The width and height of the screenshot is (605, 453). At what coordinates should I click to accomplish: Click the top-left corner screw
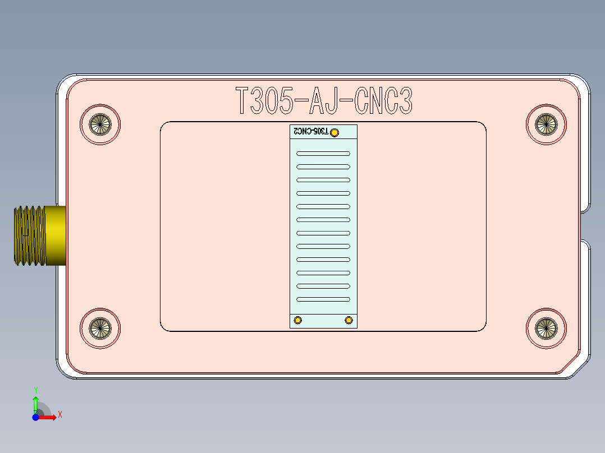pos(100,124)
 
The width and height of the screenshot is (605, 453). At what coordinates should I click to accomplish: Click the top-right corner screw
pos(546,124)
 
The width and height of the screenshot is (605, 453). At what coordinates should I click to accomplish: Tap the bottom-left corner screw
pos(100,328)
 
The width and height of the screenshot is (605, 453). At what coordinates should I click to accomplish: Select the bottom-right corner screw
pos(546,328)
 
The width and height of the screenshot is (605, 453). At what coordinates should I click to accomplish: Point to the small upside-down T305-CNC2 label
pos(310,131)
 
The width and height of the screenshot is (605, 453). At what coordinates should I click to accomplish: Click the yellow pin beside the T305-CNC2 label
pos(335,132)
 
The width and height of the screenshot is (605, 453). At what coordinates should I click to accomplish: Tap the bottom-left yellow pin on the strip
pos(297,320)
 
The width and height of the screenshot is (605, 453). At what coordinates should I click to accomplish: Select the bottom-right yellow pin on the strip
pos(349,320)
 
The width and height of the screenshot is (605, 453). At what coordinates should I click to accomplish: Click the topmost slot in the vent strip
pos(323,153)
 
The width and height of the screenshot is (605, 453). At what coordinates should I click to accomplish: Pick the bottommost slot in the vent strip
pos(323,299)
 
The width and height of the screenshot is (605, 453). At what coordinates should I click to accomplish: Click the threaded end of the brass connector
pos(28,235)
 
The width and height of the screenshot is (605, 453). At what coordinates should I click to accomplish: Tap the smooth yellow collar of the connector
pos(56,235)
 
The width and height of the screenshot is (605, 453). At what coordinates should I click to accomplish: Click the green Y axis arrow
pos(35,399)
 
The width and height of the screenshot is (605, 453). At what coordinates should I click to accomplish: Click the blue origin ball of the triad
pos(35,417)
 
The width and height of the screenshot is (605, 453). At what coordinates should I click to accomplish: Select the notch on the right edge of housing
pos(584,226)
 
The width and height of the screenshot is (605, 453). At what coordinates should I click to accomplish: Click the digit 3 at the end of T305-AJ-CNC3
pos(404,101)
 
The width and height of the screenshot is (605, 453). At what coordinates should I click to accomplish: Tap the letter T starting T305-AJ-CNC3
pos(242,101)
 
